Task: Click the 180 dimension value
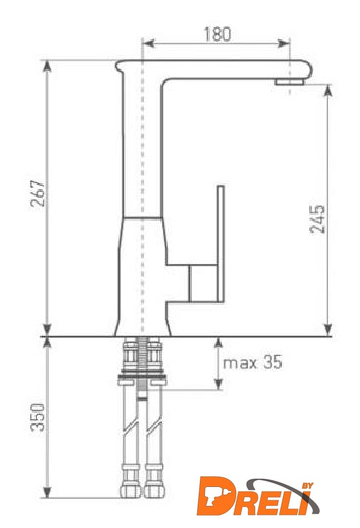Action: (218, 34)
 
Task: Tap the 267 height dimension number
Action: (37, 194)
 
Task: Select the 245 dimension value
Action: (317, 219)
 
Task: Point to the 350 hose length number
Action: (37, 418)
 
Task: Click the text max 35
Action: (253, 363)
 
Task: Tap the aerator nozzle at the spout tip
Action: (289, 82)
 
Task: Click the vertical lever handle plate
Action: (221, 243)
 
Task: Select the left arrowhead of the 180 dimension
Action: (149, 43)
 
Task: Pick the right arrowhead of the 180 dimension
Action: (284, 43)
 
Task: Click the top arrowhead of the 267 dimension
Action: (47, 66)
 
